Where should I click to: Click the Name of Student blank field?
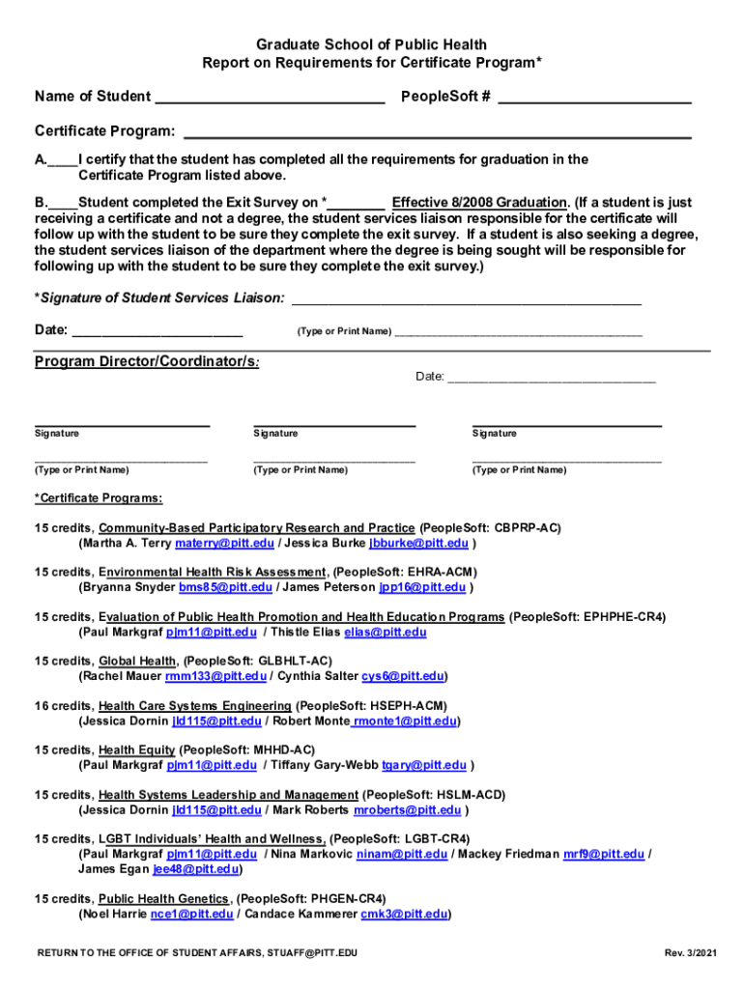270,98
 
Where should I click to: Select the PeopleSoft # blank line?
594,98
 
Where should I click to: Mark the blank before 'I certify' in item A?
63,160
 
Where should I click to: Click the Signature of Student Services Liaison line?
466,299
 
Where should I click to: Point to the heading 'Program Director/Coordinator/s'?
147,361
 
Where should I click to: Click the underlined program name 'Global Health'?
137,662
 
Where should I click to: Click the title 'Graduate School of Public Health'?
371,44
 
